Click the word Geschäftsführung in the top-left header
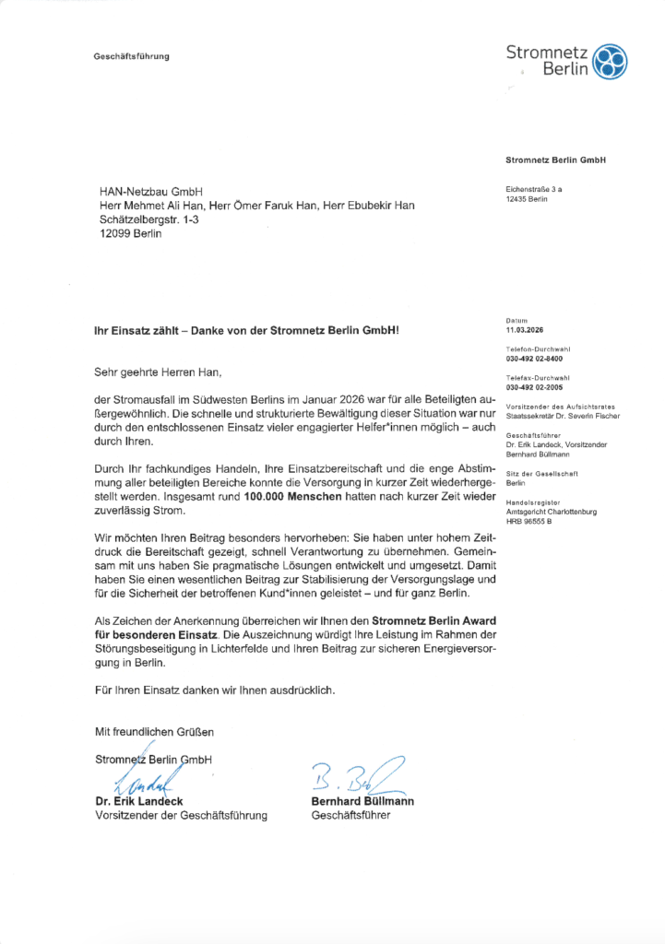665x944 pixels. tap(132, 57)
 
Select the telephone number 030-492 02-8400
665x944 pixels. tap(535, 358)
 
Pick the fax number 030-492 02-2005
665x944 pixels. tap(535, 387)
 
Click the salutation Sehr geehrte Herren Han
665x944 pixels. tap(159, 373)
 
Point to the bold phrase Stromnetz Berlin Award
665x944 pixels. tap(430, 621)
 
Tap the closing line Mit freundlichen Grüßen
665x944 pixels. tap(154, 732)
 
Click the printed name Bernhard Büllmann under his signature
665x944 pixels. tap(362, 801)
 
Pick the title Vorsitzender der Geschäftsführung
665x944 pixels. tap(181, 815)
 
